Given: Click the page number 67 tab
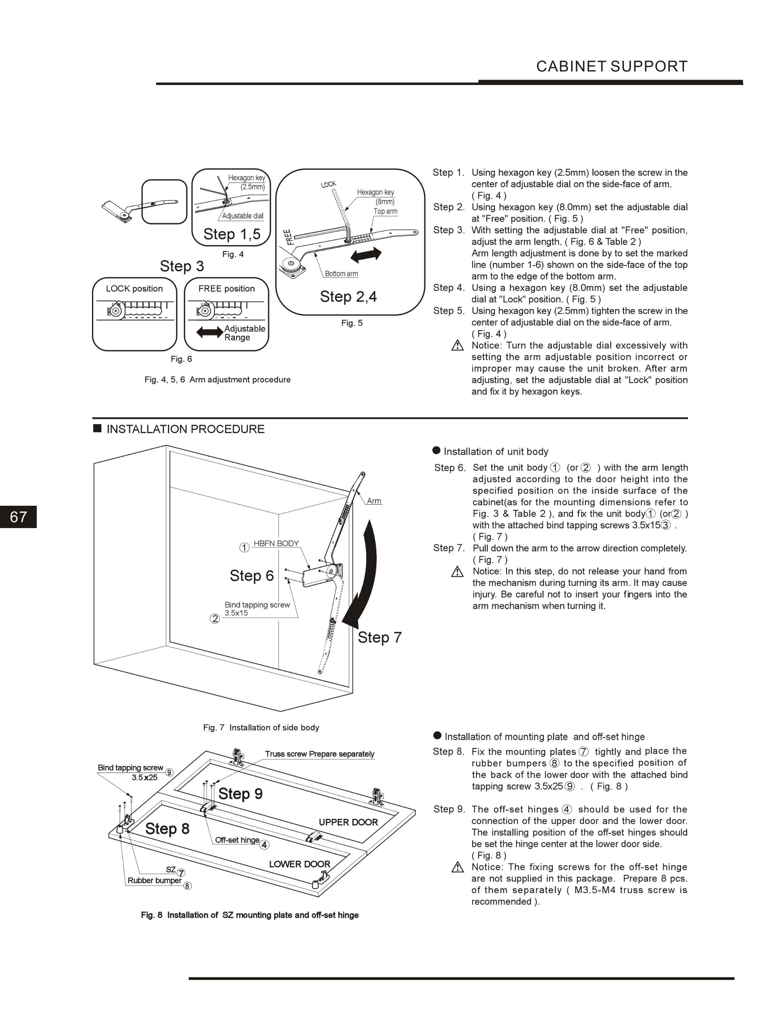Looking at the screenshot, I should click(18, 517).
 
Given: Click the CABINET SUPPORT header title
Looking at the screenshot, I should click(612, 66).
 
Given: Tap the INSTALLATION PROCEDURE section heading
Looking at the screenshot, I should click(185, 429).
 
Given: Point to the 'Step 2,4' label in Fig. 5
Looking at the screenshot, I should click(348, 297).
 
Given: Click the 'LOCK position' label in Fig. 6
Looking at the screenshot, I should click(134, 289).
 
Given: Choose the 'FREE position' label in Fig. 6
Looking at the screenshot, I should click(226, 289).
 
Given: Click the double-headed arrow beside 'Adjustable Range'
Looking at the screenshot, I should click(209, 332).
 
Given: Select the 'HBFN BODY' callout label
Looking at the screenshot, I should click(276, 544).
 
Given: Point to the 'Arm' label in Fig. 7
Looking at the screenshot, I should click(374, 501).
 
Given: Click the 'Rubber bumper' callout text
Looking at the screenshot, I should click(155, 881).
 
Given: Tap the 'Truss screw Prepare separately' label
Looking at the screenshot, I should click(319, 754).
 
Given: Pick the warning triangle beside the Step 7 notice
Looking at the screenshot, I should click(457, 572).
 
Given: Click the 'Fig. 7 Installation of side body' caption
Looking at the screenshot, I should click(261, 728).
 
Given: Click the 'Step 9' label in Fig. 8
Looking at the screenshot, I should click(240, 794).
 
